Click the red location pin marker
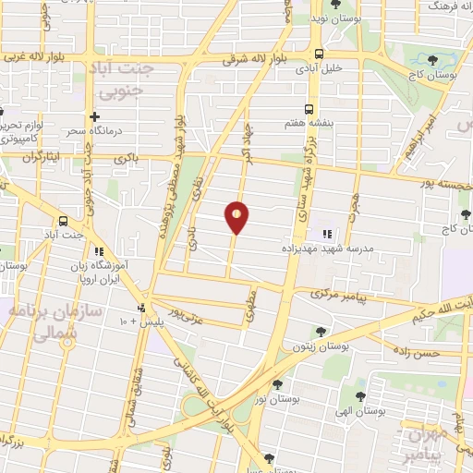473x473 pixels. click(x=237, y=217)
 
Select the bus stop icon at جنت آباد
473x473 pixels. click(x=63, y=221)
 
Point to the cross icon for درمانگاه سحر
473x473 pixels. click(x=93, y=116)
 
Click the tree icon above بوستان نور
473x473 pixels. click(x=277, y=384)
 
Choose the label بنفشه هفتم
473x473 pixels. click(x=310, y=120)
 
